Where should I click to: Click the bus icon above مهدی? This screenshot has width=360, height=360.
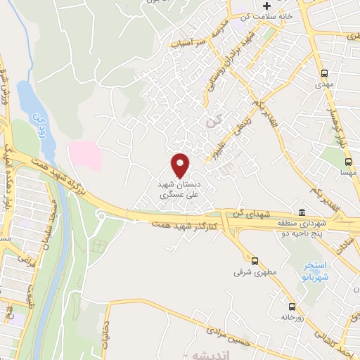click(x=324, y=73)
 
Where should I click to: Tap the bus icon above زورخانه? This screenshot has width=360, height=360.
click(x=292, y=307)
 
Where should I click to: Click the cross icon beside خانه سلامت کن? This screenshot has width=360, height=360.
click(x=266, y=6)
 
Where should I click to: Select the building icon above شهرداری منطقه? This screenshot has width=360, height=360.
click(x=302, y=213)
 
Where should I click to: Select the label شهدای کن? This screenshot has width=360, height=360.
click(x=250, y=213)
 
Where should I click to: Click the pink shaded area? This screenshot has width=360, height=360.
click(x=84, y=153)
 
